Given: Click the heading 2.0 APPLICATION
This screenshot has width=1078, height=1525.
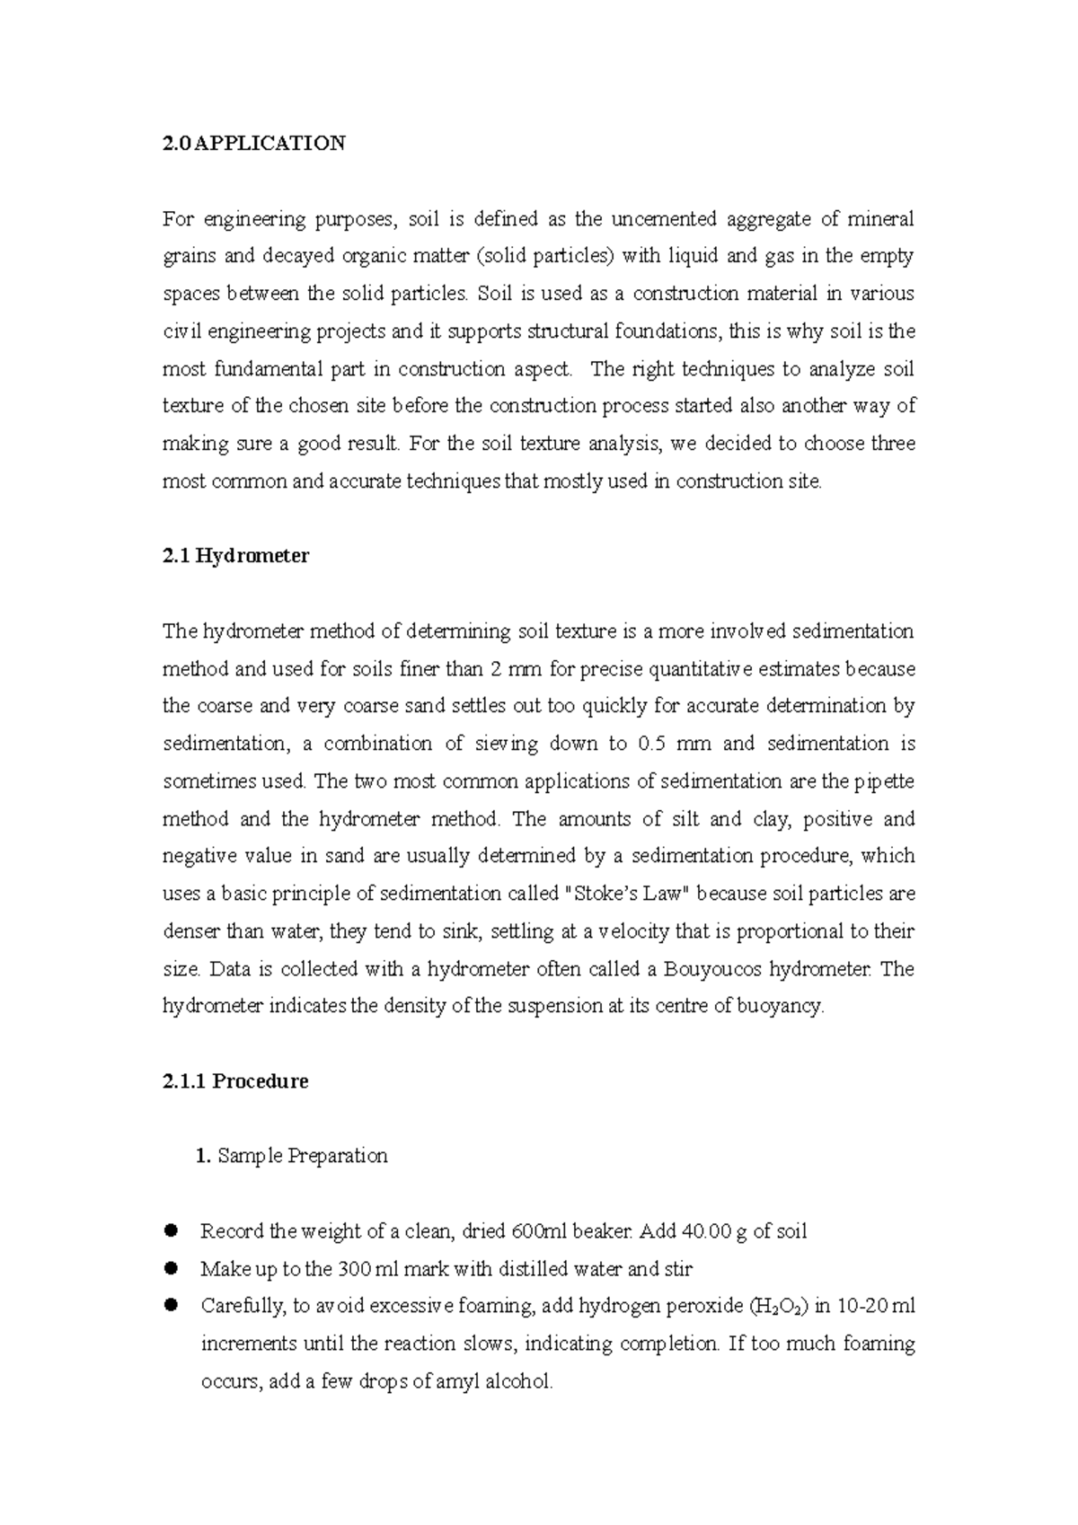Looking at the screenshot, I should [253, 144].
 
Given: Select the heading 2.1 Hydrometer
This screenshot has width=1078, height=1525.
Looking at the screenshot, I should [235, 556].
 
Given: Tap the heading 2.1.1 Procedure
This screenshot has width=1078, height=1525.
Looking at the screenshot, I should [235, 1081].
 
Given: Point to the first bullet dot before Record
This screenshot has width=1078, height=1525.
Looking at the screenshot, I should [171, 1230].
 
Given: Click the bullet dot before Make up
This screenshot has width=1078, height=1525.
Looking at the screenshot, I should [171, 1268].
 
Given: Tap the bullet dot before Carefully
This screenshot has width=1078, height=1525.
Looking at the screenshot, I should [171, 1305].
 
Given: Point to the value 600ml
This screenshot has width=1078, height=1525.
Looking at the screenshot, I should [539, 1231].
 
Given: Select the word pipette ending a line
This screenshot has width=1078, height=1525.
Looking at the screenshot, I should [884, 781].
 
